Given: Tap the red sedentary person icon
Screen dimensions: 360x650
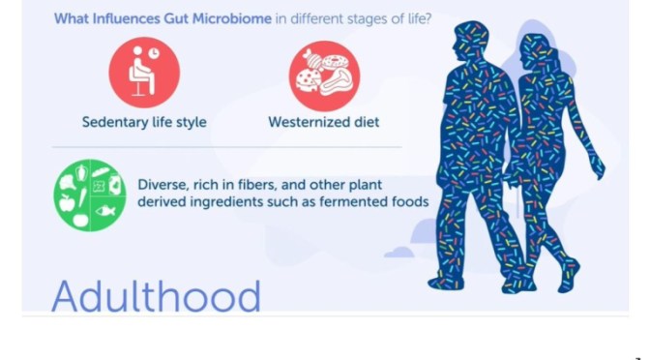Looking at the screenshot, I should point(144,74).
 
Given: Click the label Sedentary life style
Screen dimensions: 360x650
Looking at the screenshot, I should point(144,123).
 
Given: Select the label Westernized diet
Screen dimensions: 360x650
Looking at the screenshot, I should point(324,123).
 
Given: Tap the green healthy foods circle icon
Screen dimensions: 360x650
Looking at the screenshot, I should point(90,194).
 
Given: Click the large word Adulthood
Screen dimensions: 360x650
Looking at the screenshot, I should point(156,295).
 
